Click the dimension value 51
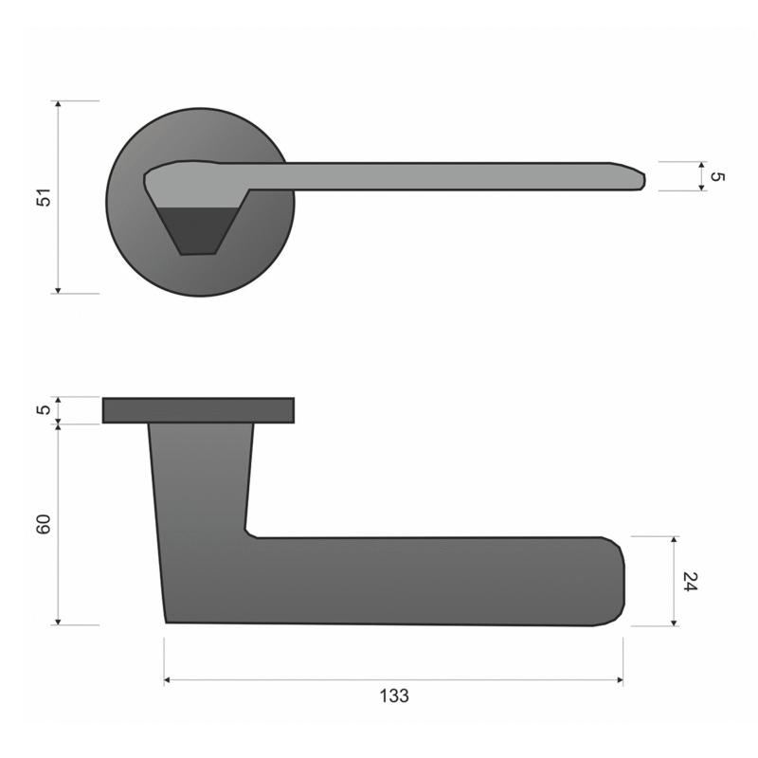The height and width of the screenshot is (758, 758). point(44,197)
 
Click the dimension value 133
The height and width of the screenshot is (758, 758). point(394,695)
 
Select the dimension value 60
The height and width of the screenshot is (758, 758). point(44,525)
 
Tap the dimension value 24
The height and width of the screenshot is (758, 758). point(691,581)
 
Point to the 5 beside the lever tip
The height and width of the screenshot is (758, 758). point(717,177)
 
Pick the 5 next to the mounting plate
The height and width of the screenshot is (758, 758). point(44,410)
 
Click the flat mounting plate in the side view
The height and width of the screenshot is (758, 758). point(198,410)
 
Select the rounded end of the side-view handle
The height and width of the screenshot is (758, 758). point(617,581)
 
